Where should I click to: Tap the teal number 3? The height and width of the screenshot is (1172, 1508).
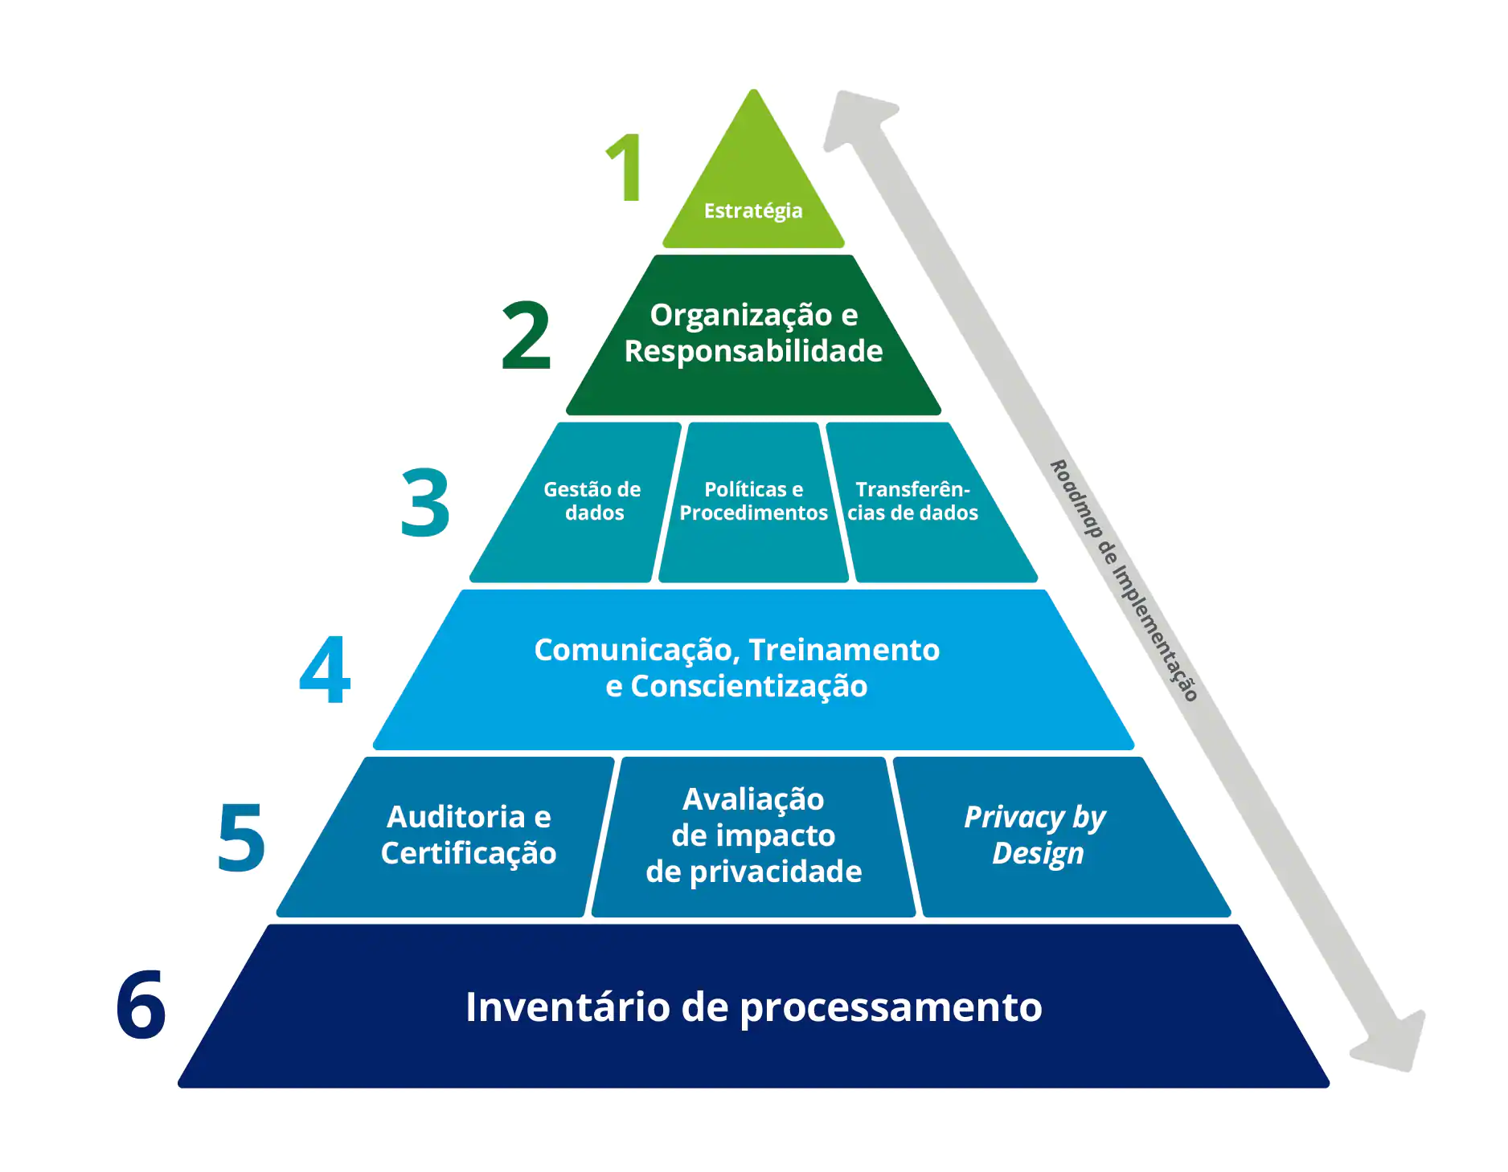425,503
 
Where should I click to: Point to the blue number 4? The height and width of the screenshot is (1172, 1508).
325,670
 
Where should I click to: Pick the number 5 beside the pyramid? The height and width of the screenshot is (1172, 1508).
241,838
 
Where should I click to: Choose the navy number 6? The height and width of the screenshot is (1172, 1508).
141,1005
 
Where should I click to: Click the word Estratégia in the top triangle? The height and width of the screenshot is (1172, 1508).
753,211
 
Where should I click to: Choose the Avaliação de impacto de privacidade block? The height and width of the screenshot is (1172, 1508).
753,835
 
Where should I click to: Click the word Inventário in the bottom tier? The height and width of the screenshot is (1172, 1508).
567,1007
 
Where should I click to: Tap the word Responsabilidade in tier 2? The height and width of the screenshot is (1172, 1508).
753,352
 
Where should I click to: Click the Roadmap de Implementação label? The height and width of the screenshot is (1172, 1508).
1125,580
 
